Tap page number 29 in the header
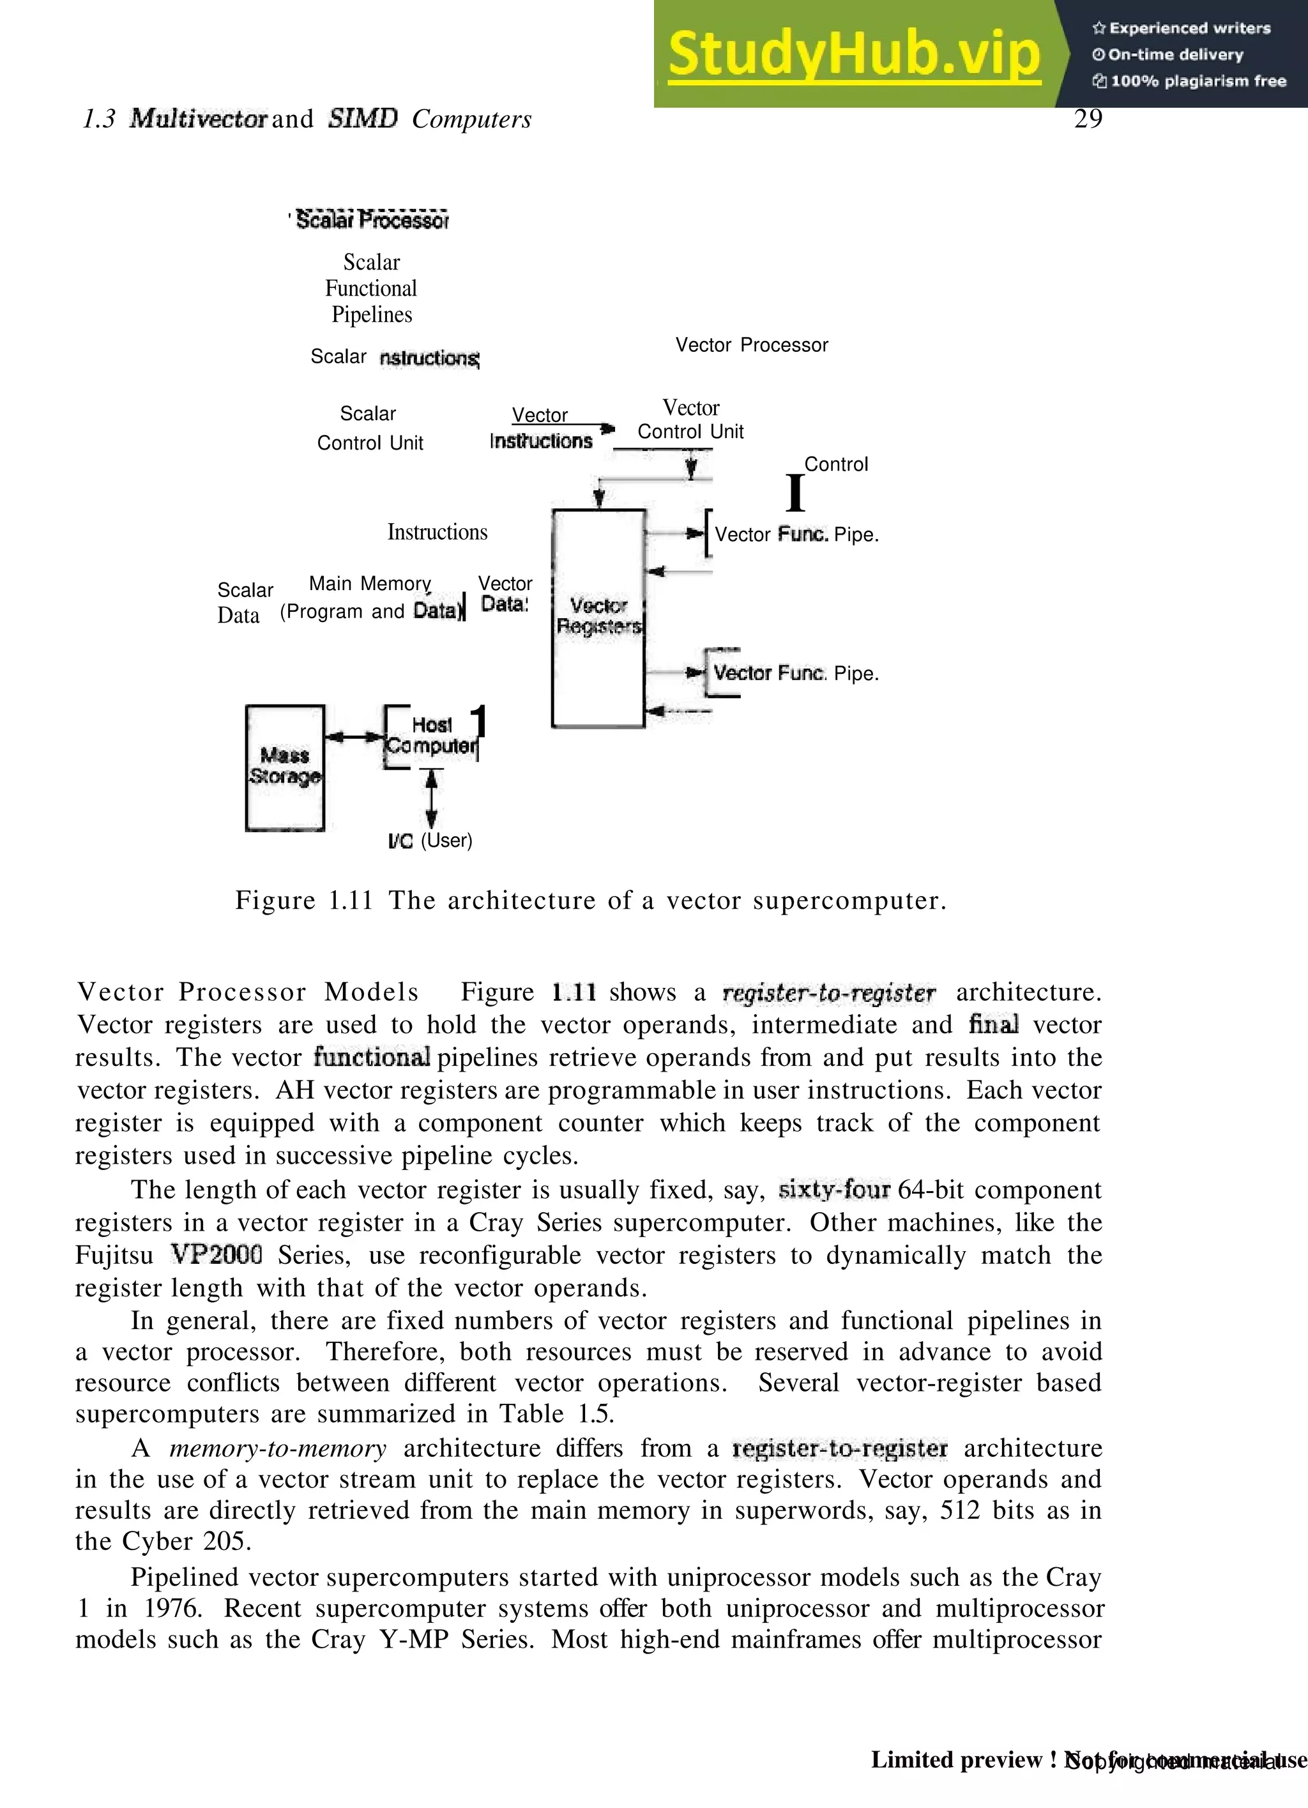(1088, 119)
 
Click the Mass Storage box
(285, 767)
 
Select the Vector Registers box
(598, 617)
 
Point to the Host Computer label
(431, 736)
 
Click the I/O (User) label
(430, 840)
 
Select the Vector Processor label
(752, 345)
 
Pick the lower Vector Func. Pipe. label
(796, 673)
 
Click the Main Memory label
(370, 584)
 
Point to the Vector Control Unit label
(690, 420)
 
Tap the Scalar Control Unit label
(370, 428)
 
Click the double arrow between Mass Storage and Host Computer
(354, 738)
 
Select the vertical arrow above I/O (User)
(431, 799)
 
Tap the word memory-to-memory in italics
(277, 1448)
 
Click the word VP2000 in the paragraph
(216, 1255)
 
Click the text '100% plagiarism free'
(1198, 80)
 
